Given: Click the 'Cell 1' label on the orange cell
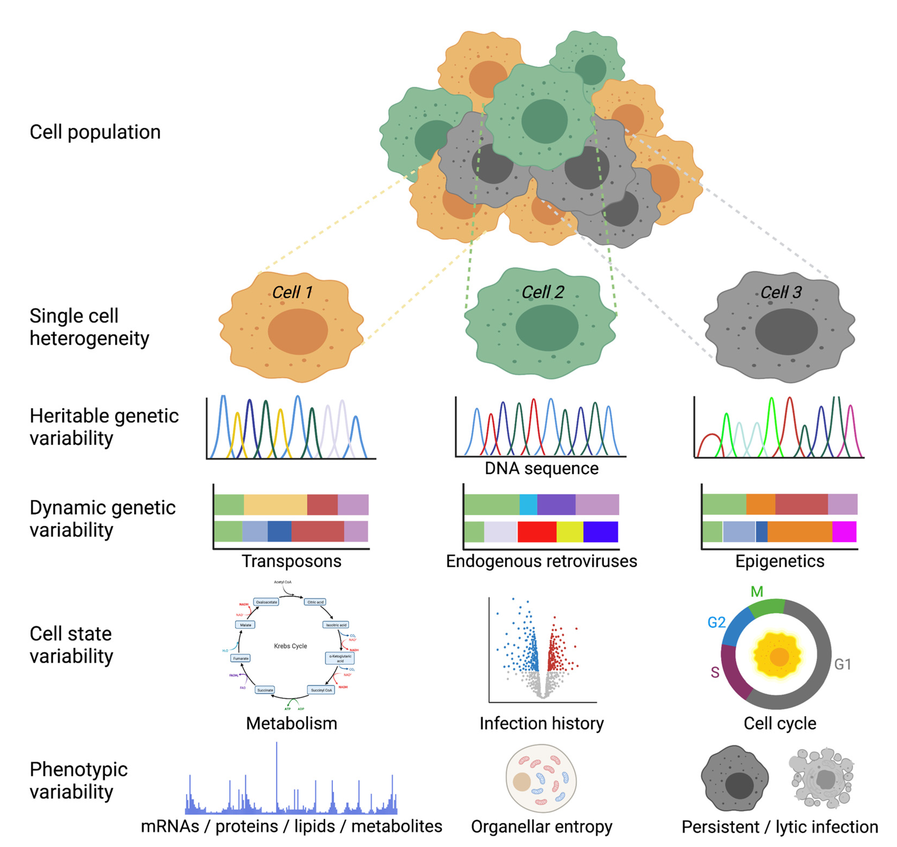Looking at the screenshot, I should tap(292, 292).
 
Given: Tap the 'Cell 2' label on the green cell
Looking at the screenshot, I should tap(542, 292).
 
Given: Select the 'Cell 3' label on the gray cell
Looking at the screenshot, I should tap(781, 292).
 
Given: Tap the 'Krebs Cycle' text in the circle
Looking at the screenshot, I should tap(290, 646).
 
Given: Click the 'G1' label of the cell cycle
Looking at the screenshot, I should tap(842, 664).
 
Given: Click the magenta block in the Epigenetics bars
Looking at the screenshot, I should tap(844, 531).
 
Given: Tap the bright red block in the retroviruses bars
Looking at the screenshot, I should tap(536, 531).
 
